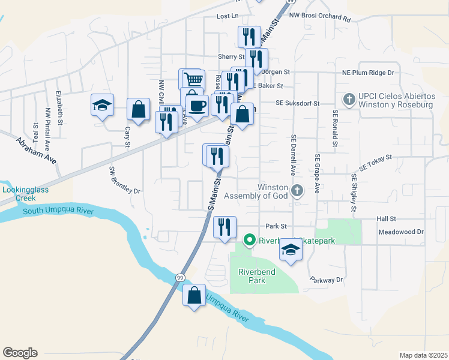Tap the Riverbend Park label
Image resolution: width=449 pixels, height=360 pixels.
(x=256, y=276)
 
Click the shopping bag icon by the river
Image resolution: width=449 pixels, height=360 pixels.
(x=193, y=295)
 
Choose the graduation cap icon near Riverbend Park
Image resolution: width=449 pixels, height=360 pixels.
(x=291, y=250)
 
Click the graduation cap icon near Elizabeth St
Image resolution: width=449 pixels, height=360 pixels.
(x=103, y=106)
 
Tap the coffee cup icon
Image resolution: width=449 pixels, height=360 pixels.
(x=197, y=106)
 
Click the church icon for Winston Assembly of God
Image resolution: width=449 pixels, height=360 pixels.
(x=297, y=191)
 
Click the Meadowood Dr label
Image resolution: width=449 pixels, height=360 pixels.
(x=401, y=232)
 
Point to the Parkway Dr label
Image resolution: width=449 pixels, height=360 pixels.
(x=327, y=280)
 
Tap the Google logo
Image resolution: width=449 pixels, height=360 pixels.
(x=20, y=353)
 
